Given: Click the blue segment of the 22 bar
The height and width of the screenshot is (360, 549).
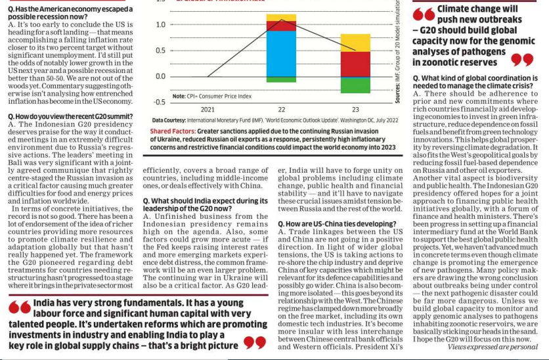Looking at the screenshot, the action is click(281, 54).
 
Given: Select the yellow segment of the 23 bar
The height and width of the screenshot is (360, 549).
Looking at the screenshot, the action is click(355, 43).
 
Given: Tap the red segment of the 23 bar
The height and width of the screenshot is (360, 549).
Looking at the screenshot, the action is click(355, 64).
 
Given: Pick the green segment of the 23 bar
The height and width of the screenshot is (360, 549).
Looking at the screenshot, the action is click(355, 85).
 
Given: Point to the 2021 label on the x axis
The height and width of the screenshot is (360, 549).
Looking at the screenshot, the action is click(208, 110).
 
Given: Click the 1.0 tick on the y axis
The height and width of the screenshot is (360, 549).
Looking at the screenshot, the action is click(161, 24).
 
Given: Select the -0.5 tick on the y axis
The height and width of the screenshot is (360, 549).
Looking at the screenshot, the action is click(160, 102).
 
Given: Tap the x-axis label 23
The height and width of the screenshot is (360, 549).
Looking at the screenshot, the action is click(355, 110).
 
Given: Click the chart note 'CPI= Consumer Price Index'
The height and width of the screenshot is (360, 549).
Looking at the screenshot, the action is click(219, 96).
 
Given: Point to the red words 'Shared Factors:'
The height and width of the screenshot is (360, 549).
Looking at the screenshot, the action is click(173, 131).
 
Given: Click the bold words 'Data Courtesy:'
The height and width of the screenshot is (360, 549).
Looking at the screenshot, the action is click(169, 120).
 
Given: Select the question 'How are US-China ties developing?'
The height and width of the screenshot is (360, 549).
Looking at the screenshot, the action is click(337, 224).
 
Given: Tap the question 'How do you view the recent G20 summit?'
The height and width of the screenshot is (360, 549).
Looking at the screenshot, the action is click(70, 116).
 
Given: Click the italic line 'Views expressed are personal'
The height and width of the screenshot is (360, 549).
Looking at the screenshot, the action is click(493, 347).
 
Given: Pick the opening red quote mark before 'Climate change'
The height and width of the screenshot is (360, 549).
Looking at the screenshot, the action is click(424, 14).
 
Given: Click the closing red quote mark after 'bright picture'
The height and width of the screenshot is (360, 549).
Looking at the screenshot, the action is click(255, 343).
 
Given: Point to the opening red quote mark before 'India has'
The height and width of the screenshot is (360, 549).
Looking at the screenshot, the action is click(20, 307).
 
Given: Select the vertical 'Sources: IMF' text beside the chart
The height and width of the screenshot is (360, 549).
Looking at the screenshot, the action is click(397, 52).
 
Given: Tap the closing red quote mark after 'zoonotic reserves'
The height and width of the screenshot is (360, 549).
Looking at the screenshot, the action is click(522, 60).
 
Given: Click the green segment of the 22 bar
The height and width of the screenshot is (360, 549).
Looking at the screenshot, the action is click(281, 79).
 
